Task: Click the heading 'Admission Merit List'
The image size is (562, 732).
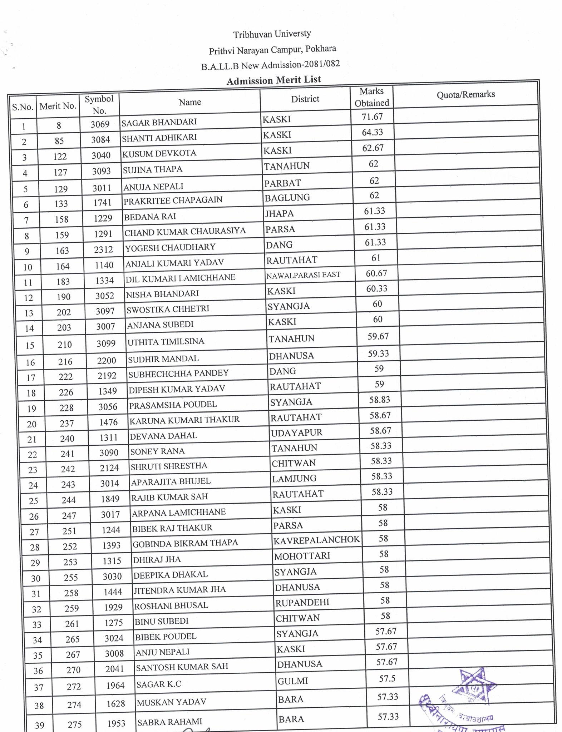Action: [x=273, y=80]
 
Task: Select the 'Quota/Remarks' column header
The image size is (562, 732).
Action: [x=465, y=94]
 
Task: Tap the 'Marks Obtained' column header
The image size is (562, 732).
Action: [x=371, y=97]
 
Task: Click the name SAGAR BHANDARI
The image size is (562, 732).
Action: [x=159, y=122]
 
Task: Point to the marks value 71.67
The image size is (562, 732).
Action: [x=372, y=117]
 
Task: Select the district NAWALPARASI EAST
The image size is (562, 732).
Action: [x=303, y=275]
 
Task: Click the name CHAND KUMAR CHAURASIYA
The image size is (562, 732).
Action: [x=185, y=231]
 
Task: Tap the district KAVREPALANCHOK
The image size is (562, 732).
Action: [x=316, y=540]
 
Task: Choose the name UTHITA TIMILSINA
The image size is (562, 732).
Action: [x=166, y=341]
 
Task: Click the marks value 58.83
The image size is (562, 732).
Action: [x=380, y=400]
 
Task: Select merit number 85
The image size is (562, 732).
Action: [x=59, y=141]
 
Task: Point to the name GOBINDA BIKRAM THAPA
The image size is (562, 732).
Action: [x=185, y=543]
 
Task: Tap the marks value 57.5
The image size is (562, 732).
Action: [x=387, y=678]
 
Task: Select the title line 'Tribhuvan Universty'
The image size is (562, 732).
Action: [x=272, y=34]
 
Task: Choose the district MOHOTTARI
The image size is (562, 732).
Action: [x=302, y=557]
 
